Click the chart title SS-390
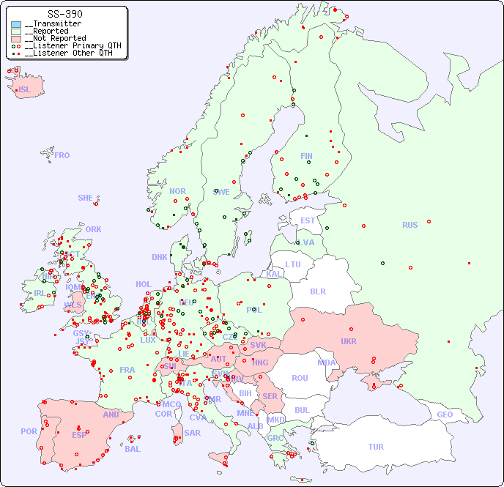click(64, 14)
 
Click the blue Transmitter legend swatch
click(16, 24)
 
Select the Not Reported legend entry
click(55, 38)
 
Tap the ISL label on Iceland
click(25, 90)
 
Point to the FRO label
click(62, 155)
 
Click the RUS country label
click(409, 225)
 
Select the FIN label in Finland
click(306, 156)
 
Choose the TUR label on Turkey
click(376, 447)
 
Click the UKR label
click(349, 341)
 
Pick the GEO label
click(445, 414)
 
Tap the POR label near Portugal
click(29, 431)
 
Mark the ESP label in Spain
click(79, 434)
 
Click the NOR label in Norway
click(177, 191)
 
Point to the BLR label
click(318, 291)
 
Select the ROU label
click(300, 378)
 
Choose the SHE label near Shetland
click(85, 198)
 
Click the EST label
click(308, 220)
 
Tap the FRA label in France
click(127, 370)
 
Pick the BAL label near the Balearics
click(133, 449)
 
